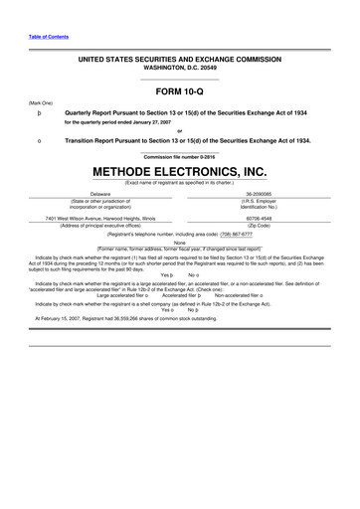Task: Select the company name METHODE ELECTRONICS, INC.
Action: click(180, 171)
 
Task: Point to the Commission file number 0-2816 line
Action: click(180, 157)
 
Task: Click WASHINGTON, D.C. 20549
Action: click(180, 69)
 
